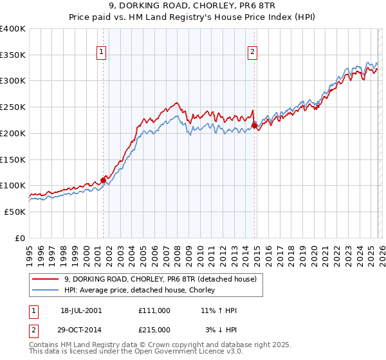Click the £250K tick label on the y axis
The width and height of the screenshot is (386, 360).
pyautogui.click(x=13, y=107)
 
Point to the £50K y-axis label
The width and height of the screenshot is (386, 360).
pyautogui.click(x=15, y=212)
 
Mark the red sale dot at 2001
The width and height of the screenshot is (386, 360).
pyautogui.click(x=103, y=180)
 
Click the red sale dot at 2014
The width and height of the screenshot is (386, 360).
pyautogui.click(x=254, y=126)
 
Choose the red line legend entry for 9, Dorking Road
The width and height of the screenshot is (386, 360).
pyautogui.click(x=160, y=279)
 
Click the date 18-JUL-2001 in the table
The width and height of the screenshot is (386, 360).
pyautogui.click(x=81, y=310)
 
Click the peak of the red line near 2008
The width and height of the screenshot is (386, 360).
pyautogui.click(x=177, y=102)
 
